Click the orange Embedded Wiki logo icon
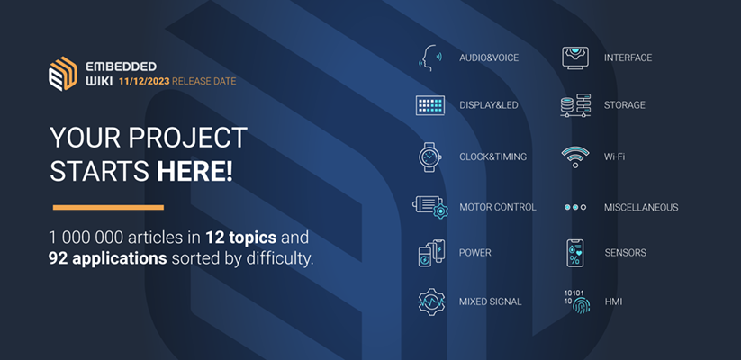tap(63, 74)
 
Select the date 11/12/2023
tap(144, 82)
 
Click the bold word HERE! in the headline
tap(194, 172)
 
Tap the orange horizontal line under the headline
tap(108, 207)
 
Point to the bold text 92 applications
tap(108, 259)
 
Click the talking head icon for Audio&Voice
tap(430, 58)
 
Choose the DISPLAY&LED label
tap(489, 105)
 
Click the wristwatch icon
tap(430, 157)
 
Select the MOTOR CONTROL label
tap(498, 207)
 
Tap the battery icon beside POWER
tap(431, 253)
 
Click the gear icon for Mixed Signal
tap(431, 301)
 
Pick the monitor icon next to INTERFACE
tap(574, 58)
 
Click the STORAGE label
tap(624, 105)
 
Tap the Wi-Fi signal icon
tap(575, 157)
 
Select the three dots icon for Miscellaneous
tap(575, 207)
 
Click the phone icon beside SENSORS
tap(575, 253)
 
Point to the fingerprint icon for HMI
tap(581, 305)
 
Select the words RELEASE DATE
tap(204, 82)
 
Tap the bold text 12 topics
tap(240, 238)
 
